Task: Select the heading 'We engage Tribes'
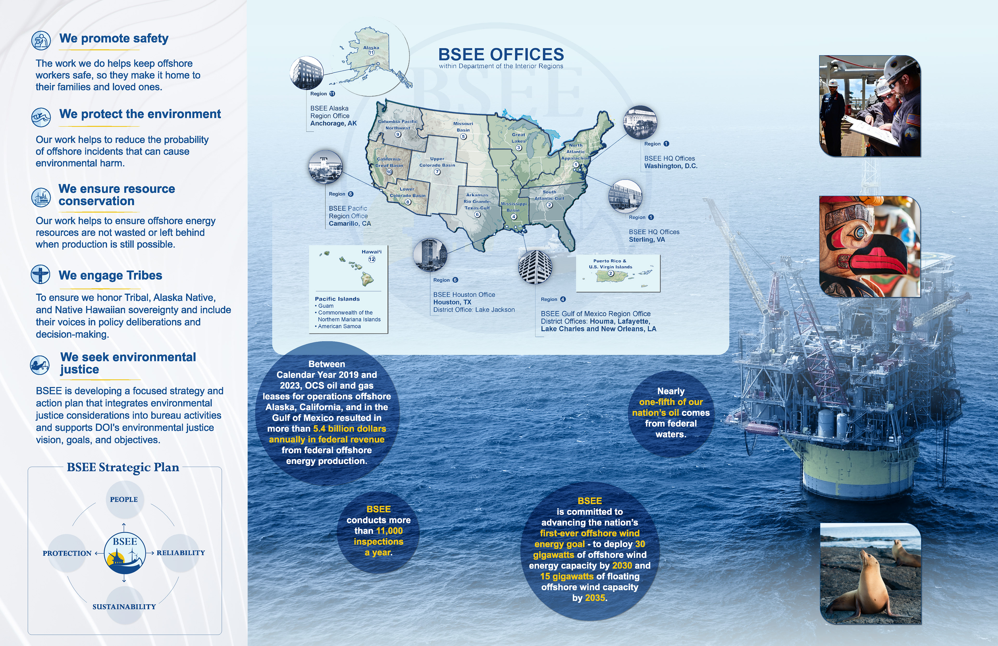tap(110, 275)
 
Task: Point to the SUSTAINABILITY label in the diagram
tap(124, 606)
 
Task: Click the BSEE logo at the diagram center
tap(124, 553)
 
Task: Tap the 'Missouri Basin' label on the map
tap(463, 127)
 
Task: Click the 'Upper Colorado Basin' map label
tap(437, 162)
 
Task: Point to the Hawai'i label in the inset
tap(372, 252)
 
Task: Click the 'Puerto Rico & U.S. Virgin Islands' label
tap(610, 263)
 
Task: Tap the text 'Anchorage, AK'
tap(333, 123)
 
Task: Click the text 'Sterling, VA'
tap(647, 239)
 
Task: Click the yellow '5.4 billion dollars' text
tap(349, 429)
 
